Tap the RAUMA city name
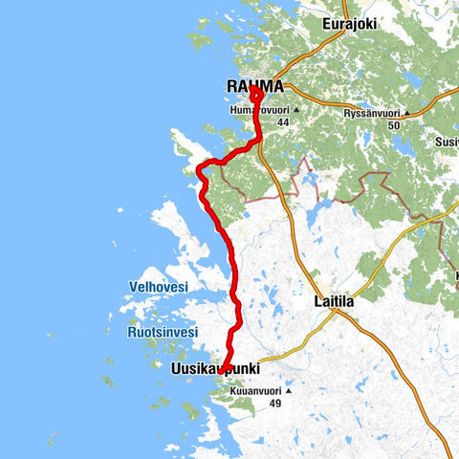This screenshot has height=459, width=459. pos(254,87)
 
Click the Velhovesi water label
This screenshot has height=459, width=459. pos(159,287)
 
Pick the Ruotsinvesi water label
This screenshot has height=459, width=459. pos(163,332)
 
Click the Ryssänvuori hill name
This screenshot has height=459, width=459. pos(373,112)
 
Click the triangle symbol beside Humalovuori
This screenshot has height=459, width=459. pos(297,111)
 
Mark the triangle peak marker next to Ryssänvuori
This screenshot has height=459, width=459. pos(408,112)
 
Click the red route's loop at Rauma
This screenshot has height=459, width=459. pos(257,97)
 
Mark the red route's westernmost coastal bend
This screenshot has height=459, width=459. pos(199,171)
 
